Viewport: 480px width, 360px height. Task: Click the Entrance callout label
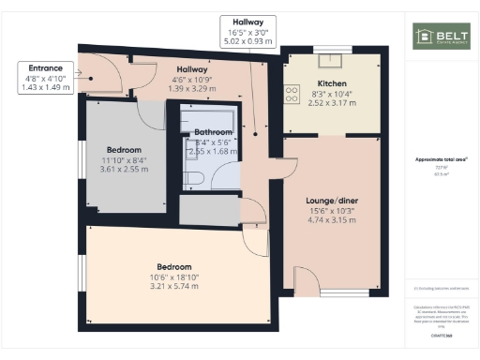[45, 68]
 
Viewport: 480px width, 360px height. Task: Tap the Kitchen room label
[332, 83]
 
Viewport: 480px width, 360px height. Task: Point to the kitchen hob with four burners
[292, 92]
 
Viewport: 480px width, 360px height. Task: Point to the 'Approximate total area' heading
[438, 159]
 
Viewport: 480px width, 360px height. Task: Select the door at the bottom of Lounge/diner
[307, 278]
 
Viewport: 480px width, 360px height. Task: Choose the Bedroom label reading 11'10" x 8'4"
[124, 150]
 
